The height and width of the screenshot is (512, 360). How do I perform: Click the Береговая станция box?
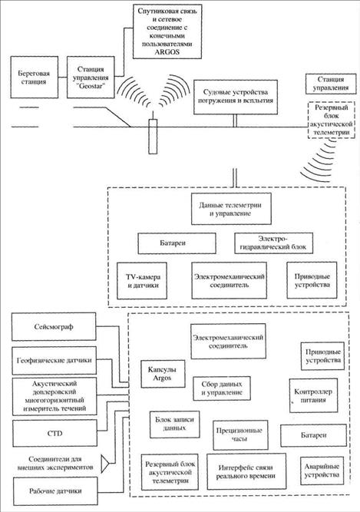(35, 78)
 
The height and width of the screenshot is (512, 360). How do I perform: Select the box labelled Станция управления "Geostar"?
(91, 78)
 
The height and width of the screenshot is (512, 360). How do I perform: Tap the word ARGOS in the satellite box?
(167, 52)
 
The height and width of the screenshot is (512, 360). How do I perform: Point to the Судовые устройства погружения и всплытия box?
(236, 97)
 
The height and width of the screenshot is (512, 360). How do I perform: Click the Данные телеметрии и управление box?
(231, 209)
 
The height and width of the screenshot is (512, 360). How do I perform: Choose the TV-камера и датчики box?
(142, 281)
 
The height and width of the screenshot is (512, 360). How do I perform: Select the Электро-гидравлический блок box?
(273, 243)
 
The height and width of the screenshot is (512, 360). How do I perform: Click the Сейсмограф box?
(54, 326)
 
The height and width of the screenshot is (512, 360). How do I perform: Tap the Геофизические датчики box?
(54, 361)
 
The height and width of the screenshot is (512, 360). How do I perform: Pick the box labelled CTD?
(54, 433)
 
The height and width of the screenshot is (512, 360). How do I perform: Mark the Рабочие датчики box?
(55, 491)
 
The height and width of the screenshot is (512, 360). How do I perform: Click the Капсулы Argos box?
(163, 374)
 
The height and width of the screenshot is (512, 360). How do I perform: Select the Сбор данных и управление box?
(222, 388)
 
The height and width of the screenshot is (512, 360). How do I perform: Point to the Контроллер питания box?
(313, 395)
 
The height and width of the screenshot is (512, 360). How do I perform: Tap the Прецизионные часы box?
(240, 435)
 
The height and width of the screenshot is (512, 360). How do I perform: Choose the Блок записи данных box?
(174, 424)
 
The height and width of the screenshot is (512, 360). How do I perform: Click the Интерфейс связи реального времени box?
(246, 471)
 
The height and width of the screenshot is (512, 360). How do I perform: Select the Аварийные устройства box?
(322, 471)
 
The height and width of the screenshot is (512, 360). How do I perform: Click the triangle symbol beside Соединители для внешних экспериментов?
(104, 464)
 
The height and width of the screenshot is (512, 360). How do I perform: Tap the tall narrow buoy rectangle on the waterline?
(153, 136)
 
